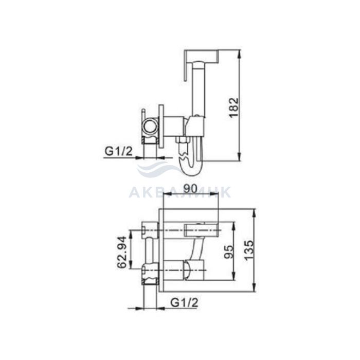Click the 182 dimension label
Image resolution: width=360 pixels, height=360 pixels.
pos(234,107)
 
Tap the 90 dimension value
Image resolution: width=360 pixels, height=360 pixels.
pos(190,188)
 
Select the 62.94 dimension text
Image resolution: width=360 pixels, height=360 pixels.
pos(122,252)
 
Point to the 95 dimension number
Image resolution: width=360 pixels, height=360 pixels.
pos(229,252)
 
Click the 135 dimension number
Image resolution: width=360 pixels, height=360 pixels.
pos(249,250)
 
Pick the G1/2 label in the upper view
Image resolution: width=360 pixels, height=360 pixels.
pos(118,151)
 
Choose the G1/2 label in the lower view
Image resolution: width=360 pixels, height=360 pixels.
pos(184,303)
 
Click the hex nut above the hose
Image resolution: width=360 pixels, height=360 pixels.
pos(182,139)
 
